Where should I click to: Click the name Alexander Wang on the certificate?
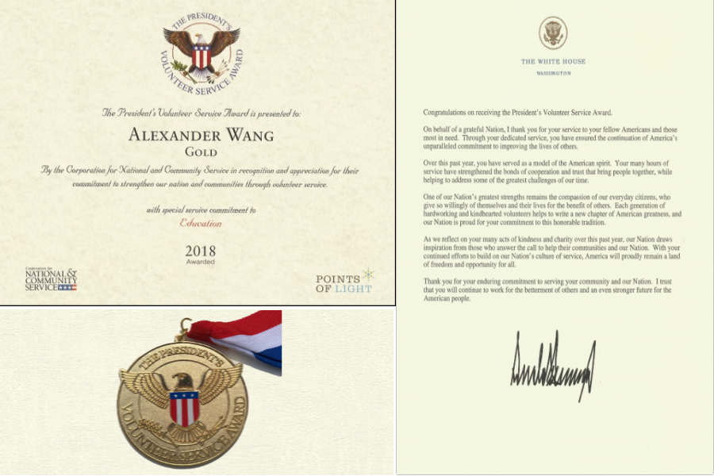coord(201,135)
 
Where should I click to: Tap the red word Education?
coord(200,224)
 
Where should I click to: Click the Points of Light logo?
coord(344,282)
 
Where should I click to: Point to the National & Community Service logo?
coord(51,280)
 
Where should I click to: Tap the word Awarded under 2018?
coord(200,261)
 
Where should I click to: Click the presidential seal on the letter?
coord(552,33)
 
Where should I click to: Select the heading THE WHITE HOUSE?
coord(552,61)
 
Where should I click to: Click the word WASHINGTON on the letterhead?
coord(552,73)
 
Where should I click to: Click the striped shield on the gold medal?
coord(184,408)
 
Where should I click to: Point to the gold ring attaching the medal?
coord(185,325)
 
